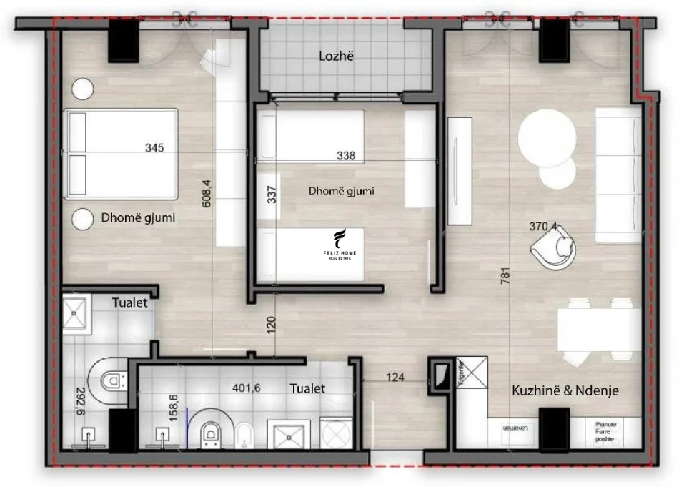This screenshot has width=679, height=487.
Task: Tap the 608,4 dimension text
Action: pyautogui.click(x=207, y=193)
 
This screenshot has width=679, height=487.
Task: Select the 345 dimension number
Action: pyautogui.click(x=154, y=149)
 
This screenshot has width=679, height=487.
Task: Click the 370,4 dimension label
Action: pyautogui.click(x=543, y=227)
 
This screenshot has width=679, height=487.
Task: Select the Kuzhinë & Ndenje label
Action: pyautogui.click(x=565, y=390)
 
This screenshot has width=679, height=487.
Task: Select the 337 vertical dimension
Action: pyautogui.click(x=272, y=196)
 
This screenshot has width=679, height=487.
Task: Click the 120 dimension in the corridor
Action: pyautogui.click(x=271, y=327)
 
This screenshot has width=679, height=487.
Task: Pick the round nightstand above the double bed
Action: pyautogui.click(x=83, y=89)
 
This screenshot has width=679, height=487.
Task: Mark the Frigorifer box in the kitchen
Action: pyautogui.click(x=471, y=371)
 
